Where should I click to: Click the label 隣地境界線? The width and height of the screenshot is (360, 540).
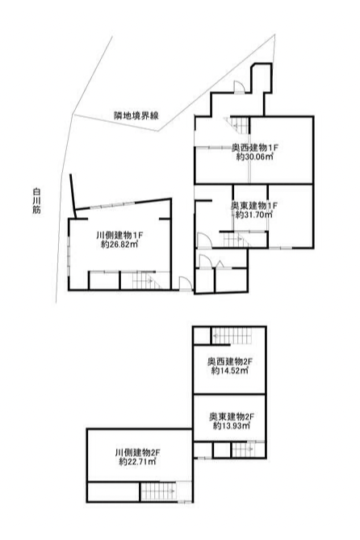pyautogui.click(x=136, y=115)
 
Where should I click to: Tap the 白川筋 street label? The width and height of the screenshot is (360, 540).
pyautogui.click(x=37, y=201)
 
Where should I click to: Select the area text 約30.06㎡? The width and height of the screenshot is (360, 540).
pyautogui.click(x=254, y=157)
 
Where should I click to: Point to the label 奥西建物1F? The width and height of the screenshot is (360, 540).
pyautogui.click(x=254, y=148)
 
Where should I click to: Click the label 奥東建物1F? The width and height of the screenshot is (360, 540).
pyautogui.click(x=254, y=206)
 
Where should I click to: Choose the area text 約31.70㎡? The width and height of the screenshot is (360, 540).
pyautogui.click(x=254, y=215)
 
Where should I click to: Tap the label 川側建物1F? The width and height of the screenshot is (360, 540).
pyautogui.click(x=119, y=236)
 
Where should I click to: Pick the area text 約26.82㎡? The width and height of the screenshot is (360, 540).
pyautogui.click(x=119, y=245)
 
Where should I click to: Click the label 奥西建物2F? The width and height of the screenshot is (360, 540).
pyautogui.click(x=230, y=362)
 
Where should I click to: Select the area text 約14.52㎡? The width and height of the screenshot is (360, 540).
pyautogui.click(x=230, y=371)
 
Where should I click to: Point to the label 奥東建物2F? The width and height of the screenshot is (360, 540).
pyautogui.click(x=232, y=417)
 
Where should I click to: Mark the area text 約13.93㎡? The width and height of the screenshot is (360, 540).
pyautogui.click(x=232, y=426)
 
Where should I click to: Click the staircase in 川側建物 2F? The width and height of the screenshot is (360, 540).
pyautogui.click(x=159, y=492)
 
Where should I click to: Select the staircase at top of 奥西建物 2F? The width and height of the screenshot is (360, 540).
pyautogui.click(x=232, y=336)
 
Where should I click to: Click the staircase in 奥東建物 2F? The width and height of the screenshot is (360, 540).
pyautogui.click(x=243, y=450)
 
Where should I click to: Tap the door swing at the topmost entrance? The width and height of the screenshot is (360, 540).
pyautogui.click(x=240, y=86)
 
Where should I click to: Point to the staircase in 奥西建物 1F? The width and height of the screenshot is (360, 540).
pyautogui.click(x=237, y=125)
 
